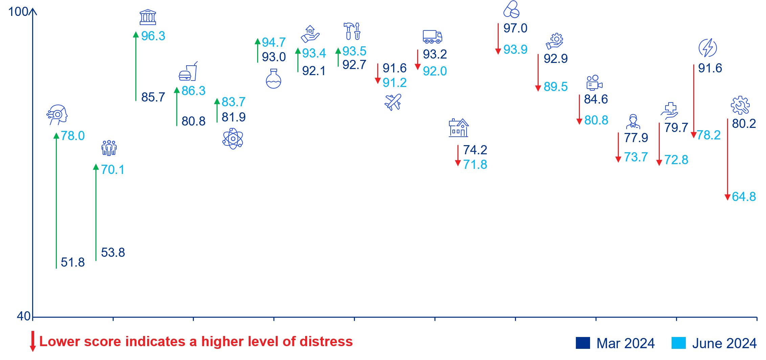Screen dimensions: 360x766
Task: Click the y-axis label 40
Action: [x=24, y=316]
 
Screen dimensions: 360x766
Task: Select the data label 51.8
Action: [x=73, y=263]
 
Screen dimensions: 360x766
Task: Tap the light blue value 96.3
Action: [x=153, y=36]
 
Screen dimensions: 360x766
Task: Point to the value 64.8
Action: [x=744, y=197]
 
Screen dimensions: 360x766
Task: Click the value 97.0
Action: [x=515, y=28]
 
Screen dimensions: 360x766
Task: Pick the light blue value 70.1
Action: [x=113, y=170]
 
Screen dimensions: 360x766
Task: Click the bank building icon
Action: [x=148, y=17]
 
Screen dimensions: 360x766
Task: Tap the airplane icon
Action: [x=393, y=102]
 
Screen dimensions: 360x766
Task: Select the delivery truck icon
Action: [x=432, y=37]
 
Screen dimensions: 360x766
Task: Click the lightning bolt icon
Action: [x=707, y=48]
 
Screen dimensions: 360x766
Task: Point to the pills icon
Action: [x=511, y=9]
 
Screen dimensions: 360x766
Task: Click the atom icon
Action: [x=233, y=139]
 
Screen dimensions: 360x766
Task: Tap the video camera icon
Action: [x=594, y=83]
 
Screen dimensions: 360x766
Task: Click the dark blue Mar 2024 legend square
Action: [x=583, y=343]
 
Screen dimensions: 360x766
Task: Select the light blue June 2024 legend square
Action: [x=678, y=343]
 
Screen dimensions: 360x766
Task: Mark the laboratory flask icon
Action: [x=273, y=79]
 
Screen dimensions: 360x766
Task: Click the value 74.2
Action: [x=475, y=150]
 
